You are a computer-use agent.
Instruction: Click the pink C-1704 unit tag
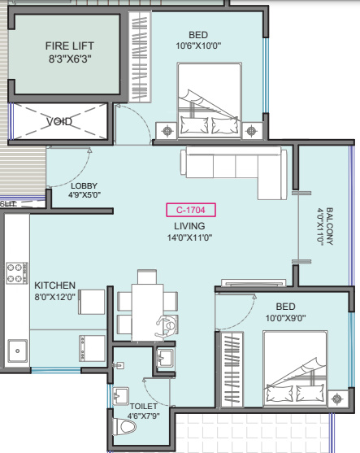click(x=191, y=210)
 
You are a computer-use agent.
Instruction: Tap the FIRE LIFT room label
click(x=70, y=46)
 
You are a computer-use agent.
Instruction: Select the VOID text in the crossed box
click(x=59, y=121)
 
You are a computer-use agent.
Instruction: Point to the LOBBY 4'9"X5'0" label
click(x=85, y=190)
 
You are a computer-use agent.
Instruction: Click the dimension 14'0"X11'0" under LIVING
click(x=189, y=237)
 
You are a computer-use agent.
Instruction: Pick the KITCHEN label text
click(x=54, y=285)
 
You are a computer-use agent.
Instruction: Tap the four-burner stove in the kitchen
click(x=17, y=272)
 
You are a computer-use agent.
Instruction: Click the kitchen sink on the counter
click(x=18, y=351)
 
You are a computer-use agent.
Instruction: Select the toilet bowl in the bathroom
click(x=124, y=426)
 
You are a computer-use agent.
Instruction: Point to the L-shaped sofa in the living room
click(x=234, y=171)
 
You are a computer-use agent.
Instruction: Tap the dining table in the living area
click(x=148, y=312)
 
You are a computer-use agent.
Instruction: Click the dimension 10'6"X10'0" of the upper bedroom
click(x=198, y=46)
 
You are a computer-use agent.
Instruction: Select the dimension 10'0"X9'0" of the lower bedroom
click(x=285, y=318)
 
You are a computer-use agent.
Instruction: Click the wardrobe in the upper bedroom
click(x=140, y=57)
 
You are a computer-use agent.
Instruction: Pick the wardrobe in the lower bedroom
click(x=232, y=369)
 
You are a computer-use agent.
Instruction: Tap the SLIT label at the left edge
click(x=8, y=204)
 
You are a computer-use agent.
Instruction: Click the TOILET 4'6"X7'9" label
click(x=144, y=411)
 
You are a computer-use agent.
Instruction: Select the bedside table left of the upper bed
click(x=167, y=131)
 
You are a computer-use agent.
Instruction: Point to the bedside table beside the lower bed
click(x=338, y=399)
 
